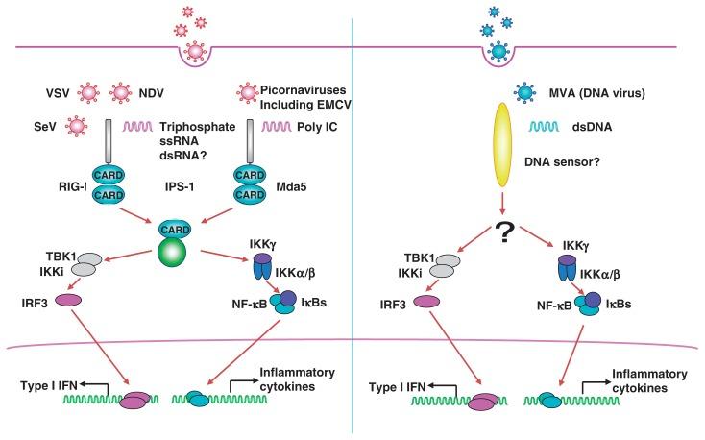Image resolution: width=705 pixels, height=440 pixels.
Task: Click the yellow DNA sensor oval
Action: [x=503, y=144]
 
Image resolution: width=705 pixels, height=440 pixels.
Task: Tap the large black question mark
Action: [x=504, y=232]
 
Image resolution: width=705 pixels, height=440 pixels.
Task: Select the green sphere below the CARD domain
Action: [x=172, y=253]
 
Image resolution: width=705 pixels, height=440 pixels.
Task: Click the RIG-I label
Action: [x=72, y=186]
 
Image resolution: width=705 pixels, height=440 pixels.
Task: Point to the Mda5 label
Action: [x=291, y=186]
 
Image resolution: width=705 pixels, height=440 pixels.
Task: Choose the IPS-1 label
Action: [x=180, y=186]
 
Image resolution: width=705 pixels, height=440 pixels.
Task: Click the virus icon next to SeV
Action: [x=77, y=127]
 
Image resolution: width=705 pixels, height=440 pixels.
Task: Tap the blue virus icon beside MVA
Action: [x=524, y=92]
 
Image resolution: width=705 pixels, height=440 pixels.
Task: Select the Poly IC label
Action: [x=317, y=127]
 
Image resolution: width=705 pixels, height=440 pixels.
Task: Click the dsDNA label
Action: [x=592, y=127]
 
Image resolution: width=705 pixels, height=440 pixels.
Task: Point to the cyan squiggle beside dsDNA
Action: [x=544, y=127]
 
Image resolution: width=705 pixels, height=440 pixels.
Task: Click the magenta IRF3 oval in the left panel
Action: [x=68, y=300]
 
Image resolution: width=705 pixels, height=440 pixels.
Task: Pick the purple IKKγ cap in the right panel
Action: [x=568, y=261]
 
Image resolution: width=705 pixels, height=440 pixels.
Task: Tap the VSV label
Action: [x=58, y=93]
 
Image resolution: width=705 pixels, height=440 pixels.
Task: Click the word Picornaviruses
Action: [x=304, y=89]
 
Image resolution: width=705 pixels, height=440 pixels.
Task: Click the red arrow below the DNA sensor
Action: [x=503, y=202]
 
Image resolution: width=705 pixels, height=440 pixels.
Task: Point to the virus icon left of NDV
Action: [x=120, y=92]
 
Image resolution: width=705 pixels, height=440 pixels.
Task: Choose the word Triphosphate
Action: [x=198, y=127]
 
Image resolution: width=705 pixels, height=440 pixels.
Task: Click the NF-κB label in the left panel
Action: [x=250, y=305]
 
